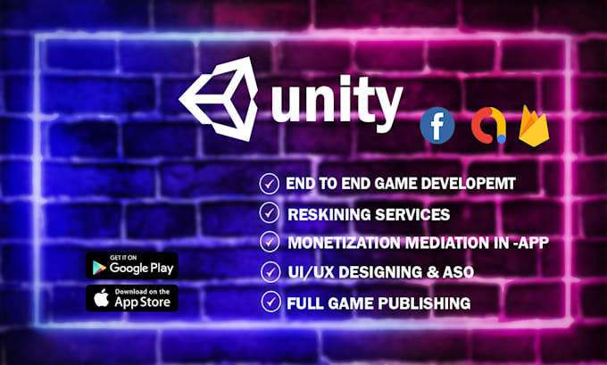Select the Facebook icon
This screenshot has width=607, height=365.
point(437,126)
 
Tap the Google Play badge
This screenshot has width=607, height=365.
point(132,265)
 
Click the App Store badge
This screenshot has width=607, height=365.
point(132,298)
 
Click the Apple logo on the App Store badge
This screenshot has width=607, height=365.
point(100,297)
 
